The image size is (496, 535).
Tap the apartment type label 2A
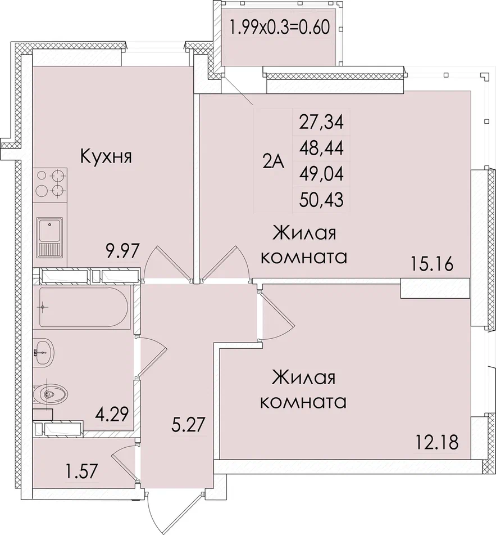(x=273, y=161)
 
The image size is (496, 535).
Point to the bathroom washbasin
(x=43, y=352)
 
